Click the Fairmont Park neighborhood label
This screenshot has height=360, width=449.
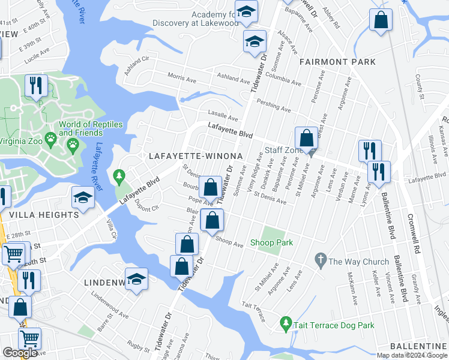[x=337, y=62]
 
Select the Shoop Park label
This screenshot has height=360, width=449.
[x=277, y=242]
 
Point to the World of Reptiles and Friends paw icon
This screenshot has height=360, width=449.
[x=73, y=144]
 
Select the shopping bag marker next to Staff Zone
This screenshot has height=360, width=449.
[x=306, y=137]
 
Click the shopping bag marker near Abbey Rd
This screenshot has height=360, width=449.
[x=381, y=20]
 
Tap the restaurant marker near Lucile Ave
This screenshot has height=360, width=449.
[x=36, y=85]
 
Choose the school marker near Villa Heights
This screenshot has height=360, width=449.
[x=83, y=196]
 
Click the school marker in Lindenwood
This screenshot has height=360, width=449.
[x=137, y=279]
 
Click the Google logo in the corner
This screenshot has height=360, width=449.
[x=20, y=353]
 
